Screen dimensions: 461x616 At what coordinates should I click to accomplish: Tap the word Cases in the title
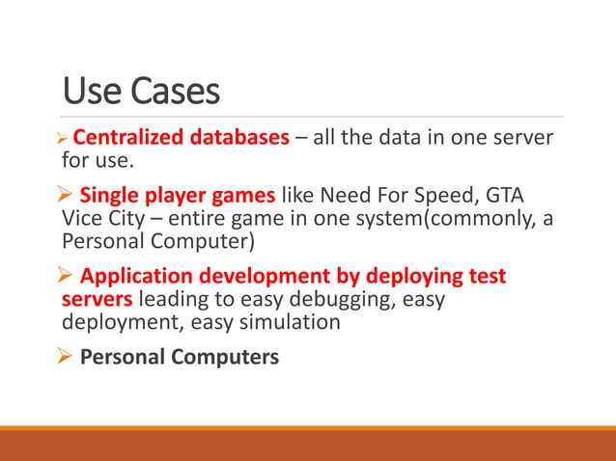pyautogui.click(x=170, y=93)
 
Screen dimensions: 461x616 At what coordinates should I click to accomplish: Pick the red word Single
pyautogui.click(x=111, y=191)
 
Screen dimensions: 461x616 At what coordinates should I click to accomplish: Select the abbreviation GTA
pyautogui.click(x=506, y=191)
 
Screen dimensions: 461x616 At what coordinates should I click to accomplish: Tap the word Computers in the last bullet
pyautogui.click(x=220, y=357)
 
